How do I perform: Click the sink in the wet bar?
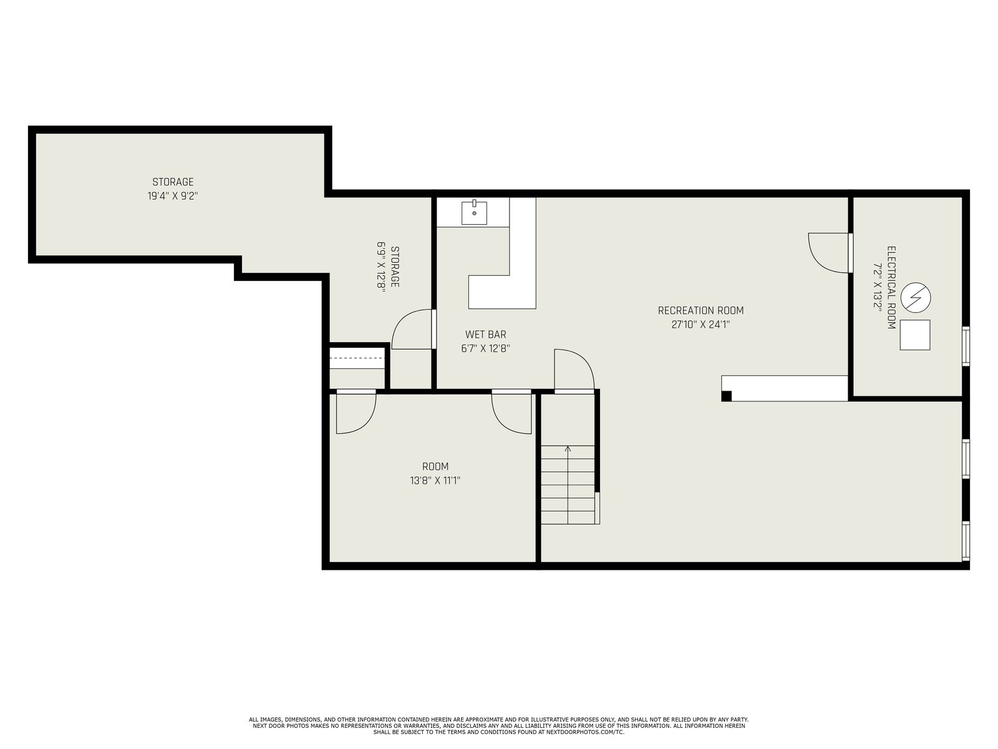click(x=474, y=212)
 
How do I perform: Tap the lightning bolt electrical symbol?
click(x=915, y=298)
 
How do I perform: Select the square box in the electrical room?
click(x=915, y=335)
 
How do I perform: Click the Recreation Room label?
click(x=700, y=311)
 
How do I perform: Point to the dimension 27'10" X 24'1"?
click(x=700, y=325)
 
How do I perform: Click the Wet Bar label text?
click(x=485, y=335)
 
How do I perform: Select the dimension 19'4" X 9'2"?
click(x=173, y=196)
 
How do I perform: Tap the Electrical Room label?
click(x=891, y=287)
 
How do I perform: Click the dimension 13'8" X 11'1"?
click(x=435, y=481)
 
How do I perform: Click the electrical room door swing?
click(x=828, y=253)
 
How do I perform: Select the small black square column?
click(x=727, y=396)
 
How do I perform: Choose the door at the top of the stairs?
click(x=574, y=370)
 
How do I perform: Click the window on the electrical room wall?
click(x=966, y=346)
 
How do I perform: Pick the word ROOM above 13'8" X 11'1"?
click(x=435, y=467)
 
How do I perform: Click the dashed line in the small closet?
click(x=357, y=358)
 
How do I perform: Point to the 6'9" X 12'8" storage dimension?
click(x=381, y=267)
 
